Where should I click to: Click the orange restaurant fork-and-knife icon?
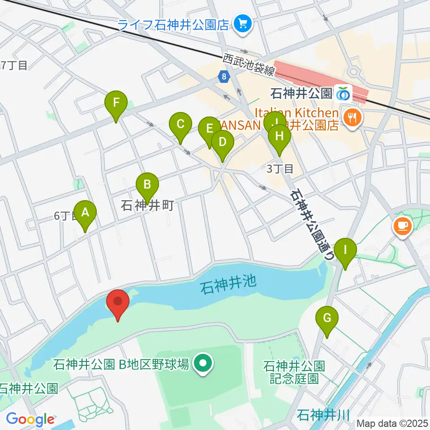[353, 118]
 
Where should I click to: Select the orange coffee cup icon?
[403, 225]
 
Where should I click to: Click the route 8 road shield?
[223, 77]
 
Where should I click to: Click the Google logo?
[30, 419]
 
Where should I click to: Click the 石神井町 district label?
[147, 206]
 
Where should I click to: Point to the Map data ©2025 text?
[392, 423]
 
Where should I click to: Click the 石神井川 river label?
[322, 414]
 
